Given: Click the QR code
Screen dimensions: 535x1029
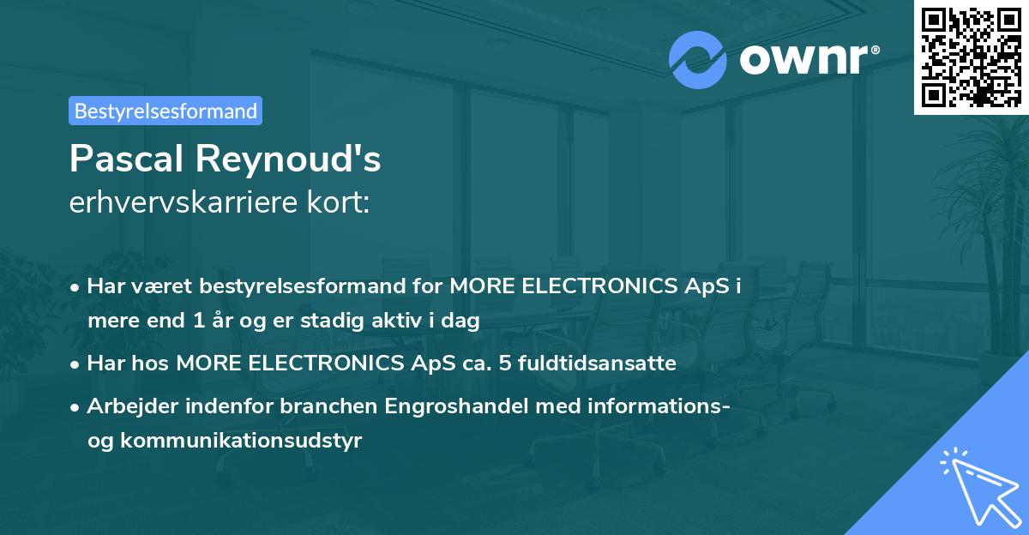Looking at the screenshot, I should coord(971,57).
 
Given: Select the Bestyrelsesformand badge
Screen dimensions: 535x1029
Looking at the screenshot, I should coord(165,111).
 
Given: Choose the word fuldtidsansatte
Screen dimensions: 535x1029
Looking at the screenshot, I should coord(592,364).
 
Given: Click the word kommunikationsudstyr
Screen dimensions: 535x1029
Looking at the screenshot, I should coord(242,441).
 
